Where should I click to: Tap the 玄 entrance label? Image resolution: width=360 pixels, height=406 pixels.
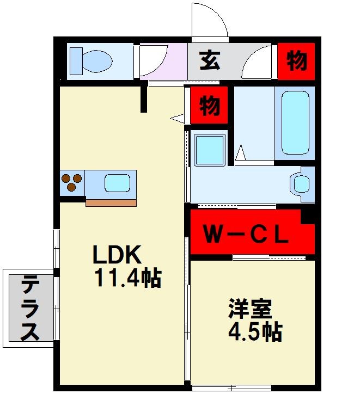[209, 60]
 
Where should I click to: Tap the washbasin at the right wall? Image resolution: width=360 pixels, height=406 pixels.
[301, 183]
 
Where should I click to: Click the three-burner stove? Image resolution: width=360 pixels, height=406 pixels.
[72, 182]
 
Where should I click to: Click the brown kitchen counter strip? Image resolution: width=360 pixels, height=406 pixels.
[111, 203]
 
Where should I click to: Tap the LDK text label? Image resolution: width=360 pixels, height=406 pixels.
[117, 254]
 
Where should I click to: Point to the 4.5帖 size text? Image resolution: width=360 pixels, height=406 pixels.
[255, 330]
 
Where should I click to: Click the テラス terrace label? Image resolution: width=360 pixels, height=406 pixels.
[30, 307]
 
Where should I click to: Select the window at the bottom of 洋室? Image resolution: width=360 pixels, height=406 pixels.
[231, 387]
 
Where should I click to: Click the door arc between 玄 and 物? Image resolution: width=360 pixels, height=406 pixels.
[259, 63]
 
